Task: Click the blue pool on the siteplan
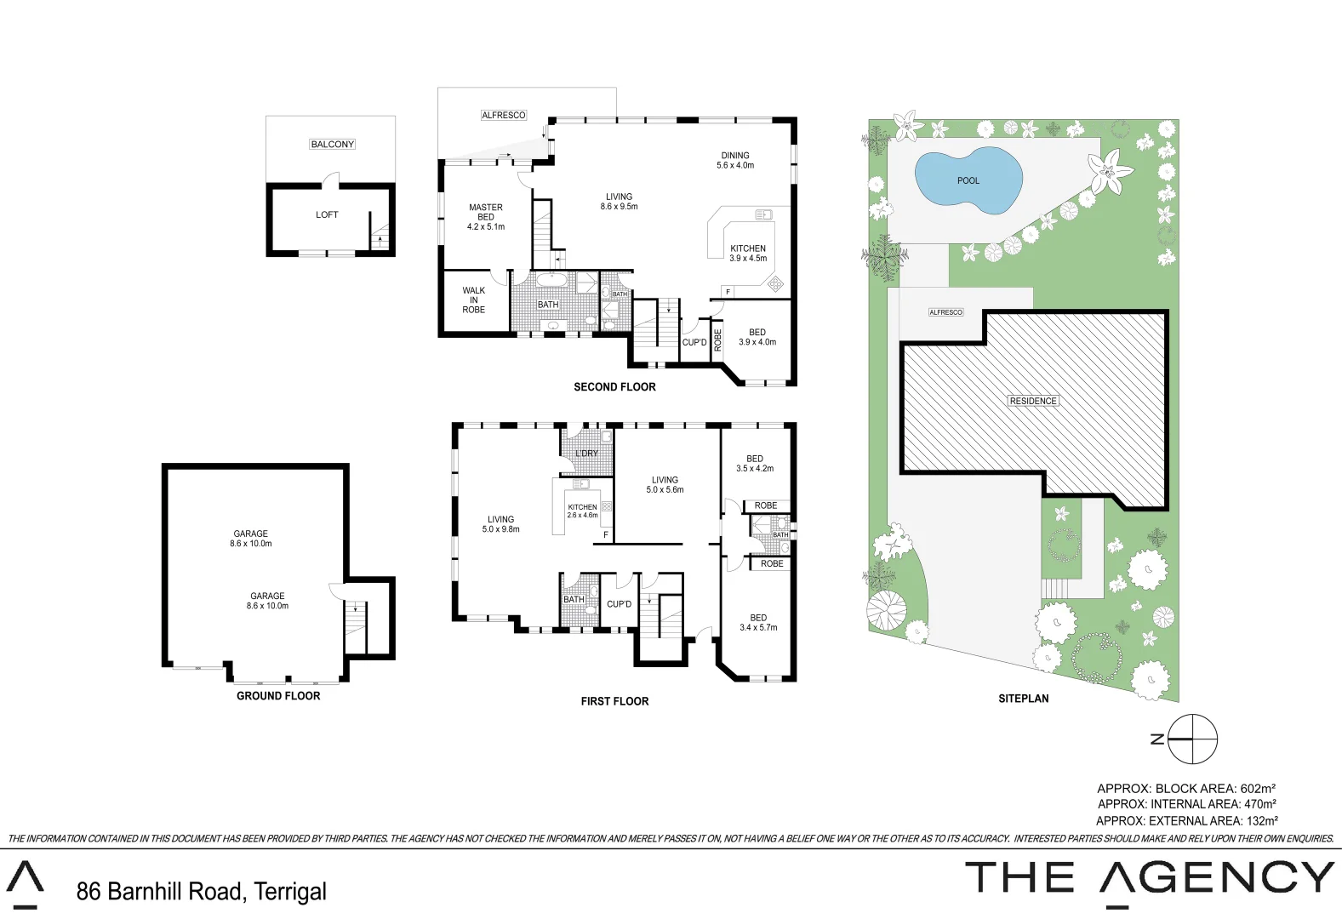pyautogui.click(x=968, y=181)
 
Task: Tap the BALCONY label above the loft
pyautogui.click(x=332, y=145)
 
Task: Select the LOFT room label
pyautogui.click(x=327, y=215)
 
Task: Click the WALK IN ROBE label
pyautogui.click(x=474, y=300)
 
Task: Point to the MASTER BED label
pyautogui.click(x=486, y=217)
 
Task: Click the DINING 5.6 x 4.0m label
pyautogui.click(x=735, y=161)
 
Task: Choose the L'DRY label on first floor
pyautogui.click(x=586, y=454)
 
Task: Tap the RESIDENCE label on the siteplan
pyautogui.click(x=1033, y=401)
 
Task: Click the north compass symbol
pyautogui.click(x=1192, y=739)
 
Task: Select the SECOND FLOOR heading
pyautogui.click(x=614, y=387)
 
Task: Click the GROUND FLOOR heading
pyautogui.click(x=278, y=696)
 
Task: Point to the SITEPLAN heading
pyautogui.click(x=1023, y=699)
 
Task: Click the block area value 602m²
pyautogui.click(x=1258, y=789)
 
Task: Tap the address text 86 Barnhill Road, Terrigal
pyautogui.click(x=202, y=892)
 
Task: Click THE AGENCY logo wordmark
pyautogui.click(x=1150, y=878)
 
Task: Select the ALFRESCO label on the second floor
pyautogui.click(x=504, y=115)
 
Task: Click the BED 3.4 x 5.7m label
pyautogui.click(x=758, y=623)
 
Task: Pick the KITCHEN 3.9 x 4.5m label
pyautogui.click(x=748, y=254)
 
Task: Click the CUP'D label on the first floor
pyautogui.click(x=619, y=604)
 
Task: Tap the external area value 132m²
pyautogui.click(x=1259, y=821)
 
